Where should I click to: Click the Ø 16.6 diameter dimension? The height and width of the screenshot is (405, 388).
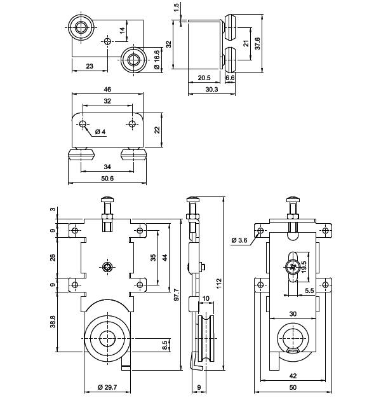(156, 59)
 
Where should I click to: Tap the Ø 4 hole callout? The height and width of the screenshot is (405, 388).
(100, 132)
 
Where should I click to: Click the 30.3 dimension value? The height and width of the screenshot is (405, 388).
(211, 90)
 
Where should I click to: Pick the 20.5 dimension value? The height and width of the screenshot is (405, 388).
(204, 78)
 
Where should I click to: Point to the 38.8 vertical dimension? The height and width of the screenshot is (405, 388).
(52, 323)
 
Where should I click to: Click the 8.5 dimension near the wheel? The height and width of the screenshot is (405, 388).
(165, 345)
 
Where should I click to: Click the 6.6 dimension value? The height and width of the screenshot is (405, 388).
(230, 78)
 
